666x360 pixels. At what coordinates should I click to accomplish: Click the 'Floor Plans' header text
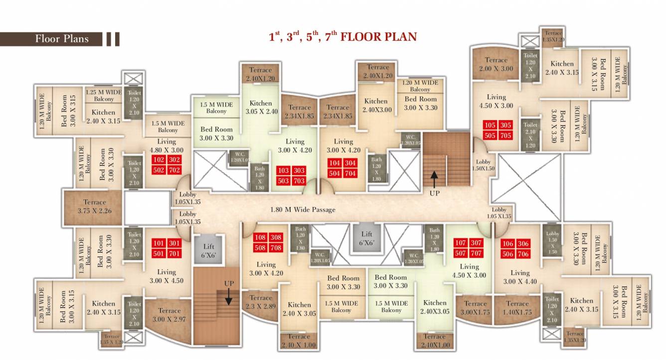click(x=62, y=39)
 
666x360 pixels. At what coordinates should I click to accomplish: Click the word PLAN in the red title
click(x=398, y=36)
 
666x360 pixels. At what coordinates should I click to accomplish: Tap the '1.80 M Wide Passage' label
click(x=303, y=209)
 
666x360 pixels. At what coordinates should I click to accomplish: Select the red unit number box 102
click(x=159, y=161)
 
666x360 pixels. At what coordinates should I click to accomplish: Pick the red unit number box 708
click(x=276, y=248)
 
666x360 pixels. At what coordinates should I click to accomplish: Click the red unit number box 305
click(x=505, y=125)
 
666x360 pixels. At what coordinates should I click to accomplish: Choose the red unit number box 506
click(x=507, y=254)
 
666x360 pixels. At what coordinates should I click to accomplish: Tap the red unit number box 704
click(x=350, y=174)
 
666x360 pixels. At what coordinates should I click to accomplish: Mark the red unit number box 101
click(x=159, y=243)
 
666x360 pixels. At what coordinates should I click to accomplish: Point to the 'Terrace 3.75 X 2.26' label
click(x=95, y=206)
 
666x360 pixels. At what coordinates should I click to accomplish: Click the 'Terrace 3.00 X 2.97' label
click(x=169, y=315)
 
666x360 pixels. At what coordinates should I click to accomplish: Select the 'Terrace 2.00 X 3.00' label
click(x=496, y=64)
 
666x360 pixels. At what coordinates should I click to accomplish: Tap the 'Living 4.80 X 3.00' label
click(x=166, y=146)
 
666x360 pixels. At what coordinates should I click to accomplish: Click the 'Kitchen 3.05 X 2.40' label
click(x=261, y=107)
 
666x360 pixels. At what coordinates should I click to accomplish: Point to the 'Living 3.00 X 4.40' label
click(x=519, y=277)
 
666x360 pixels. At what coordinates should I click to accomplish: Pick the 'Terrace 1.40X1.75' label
click(x=517, y=308)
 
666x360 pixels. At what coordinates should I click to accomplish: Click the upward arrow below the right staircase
click(x=434, y=178)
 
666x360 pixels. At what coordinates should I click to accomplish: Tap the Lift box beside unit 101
click(x=209, y=250)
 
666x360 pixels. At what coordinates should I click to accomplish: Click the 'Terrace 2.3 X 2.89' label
click(x=261, y=302)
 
